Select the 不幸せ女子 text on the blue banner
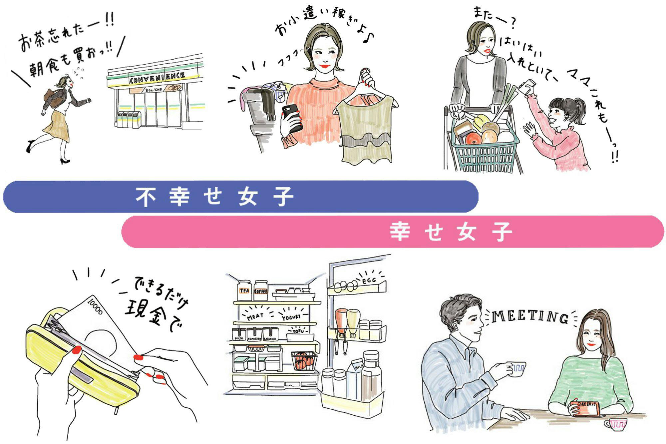pos(215,197)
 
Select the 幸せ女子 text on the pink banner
pos(451,232)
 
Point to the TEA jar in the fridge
pos(244,291)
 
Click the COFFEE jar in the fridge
pos(260,291)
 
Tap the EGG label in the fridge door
pos(369,280)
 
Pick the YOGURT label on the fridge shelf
pos(291,317)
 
